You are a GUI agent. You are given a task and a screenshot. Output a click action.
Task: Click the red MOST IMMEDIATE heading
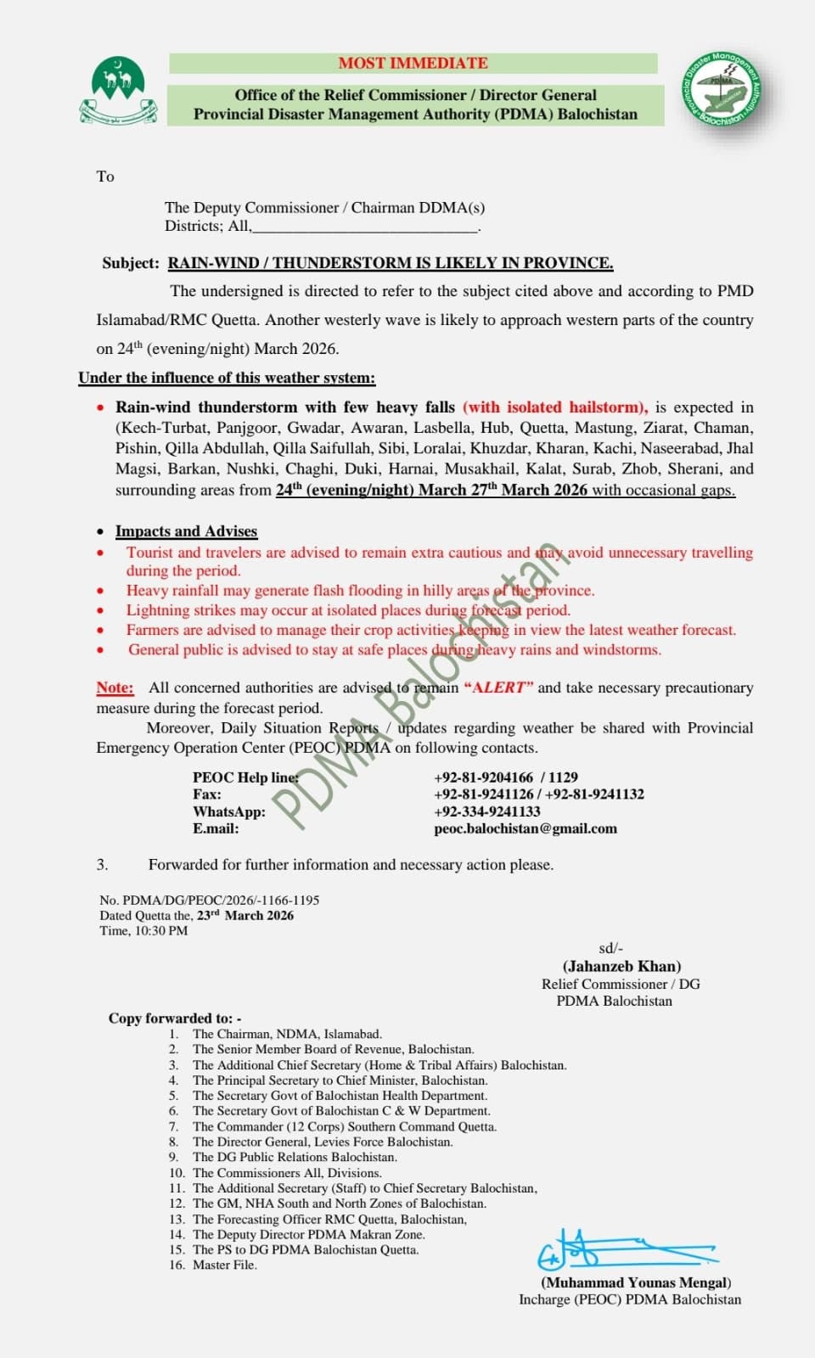click(413, 63)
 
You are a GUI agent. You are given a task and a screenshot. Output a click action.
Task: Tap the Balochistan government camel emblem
click(118, 91)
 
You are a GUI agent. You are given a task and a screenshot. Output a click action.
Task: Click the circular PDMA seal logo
click(721, 89)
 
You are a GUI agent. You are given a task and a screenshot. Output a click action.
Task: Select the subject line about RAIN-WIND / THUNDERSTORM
click(390, 263)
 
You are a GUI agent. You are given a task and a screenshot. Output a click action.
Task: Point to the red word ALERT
click(499, 687)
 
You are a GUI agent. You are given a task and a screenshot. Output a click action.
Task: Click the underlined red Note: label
click(115, 687)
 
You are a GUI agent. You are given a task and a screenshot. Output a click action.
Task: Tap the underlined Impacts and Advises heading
click(186, 531)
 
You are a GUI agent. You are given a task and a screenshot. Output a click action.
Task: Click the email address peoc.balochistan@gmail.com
click(526, 828)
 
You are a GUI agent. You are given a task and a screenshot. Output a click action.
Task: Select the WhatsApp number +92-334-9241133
click(487, 811)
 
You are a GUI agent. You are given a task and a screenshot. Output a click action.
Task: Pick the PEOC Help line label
click(245, 777)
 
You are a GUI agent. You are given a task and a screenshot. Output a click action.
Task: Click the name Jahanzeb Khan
click(621, 966)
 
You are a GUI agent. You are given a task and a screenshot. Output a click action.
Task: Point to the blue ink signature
click(623, 1249)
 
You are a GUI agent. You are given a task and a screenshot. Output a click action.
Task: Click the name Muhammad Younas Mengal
click(636, 1282)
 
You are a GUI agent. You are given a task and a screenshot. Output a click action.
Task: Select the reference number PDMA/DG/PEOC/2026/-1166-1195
click(221, 900)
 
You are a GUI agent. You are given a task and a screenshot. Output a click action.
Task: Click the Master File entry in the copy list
click(224, 1265)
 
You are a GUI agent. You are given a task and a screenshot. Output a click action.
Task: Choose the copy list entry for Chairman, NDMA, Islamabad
click(287, 1034)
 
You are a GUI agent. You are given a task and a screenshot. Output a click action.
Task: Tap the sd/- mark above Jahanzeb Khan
click(610, 948)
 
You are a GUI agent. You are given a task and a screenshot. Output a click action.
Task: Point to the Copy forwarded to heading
click(175, 1018)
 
